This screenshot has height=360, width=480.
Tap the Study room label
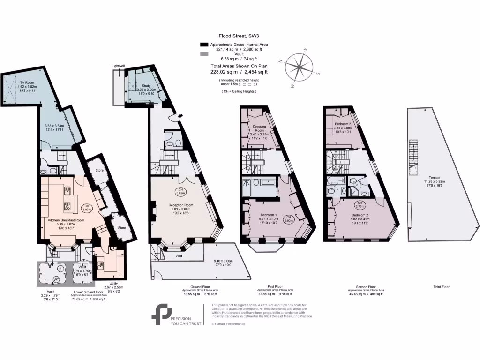click(146, 86)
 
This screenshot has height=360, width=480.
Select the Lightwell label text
click(118, 66)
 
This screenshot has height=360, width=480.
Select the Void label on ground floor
click(179, 256)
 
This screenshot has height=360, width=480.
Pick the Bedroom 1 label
click(269, 215)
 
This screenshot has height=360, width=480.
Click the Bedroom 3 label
click(342, 119)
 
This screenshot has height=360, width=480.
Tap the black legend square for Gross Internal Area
click(203, 44)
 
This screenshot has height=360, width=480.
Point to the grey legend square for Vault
click(203, 54)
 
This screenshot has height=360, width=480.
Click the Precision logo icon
click(161, 314)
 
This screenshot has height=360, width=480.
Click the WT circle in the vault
click(57, 279)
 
